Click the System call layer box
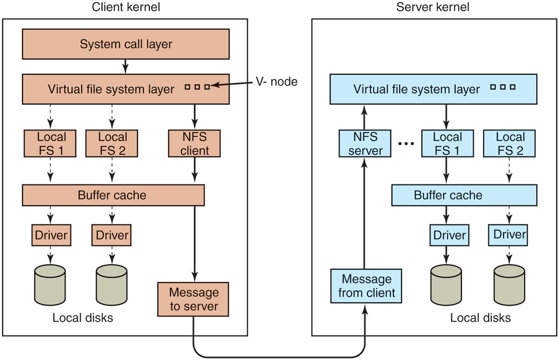coord(126,44)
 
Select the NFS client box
coord(195,144)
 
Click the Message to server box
coord(193,299)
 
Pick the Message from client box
coord(366,286)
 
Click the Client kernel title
coord(126,7)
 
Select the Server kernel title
coord(433,7)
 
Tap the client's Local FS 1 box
coord(51,144)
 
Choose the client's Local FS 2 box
coord(113,144)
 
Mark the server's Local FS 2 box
coord(510,144)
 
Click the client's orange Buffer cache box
coord(113,195)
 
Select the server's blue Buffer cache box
coord(465,195)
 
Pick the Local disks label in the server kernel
coord(480,318)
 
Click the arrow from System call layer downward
coord(126,66)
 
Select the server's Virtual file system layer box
coord(433,89)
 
